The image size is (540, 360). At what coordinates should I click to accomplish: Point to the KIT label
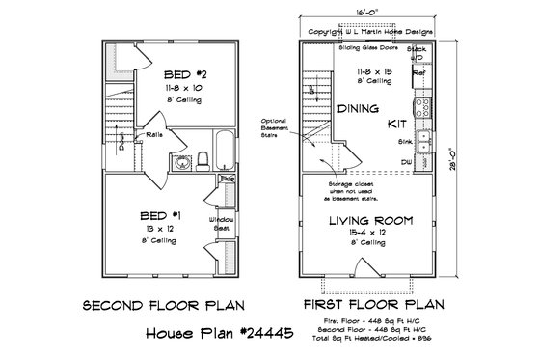pyautogui.click(x=393, y=124)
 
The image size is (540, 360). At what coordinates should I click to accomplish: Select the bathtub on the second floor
pyautogui.click(x=226, y=151)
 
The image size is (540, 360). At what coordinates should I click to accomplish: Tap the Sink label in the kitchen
pyautogui.click(x=405, y=141)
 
